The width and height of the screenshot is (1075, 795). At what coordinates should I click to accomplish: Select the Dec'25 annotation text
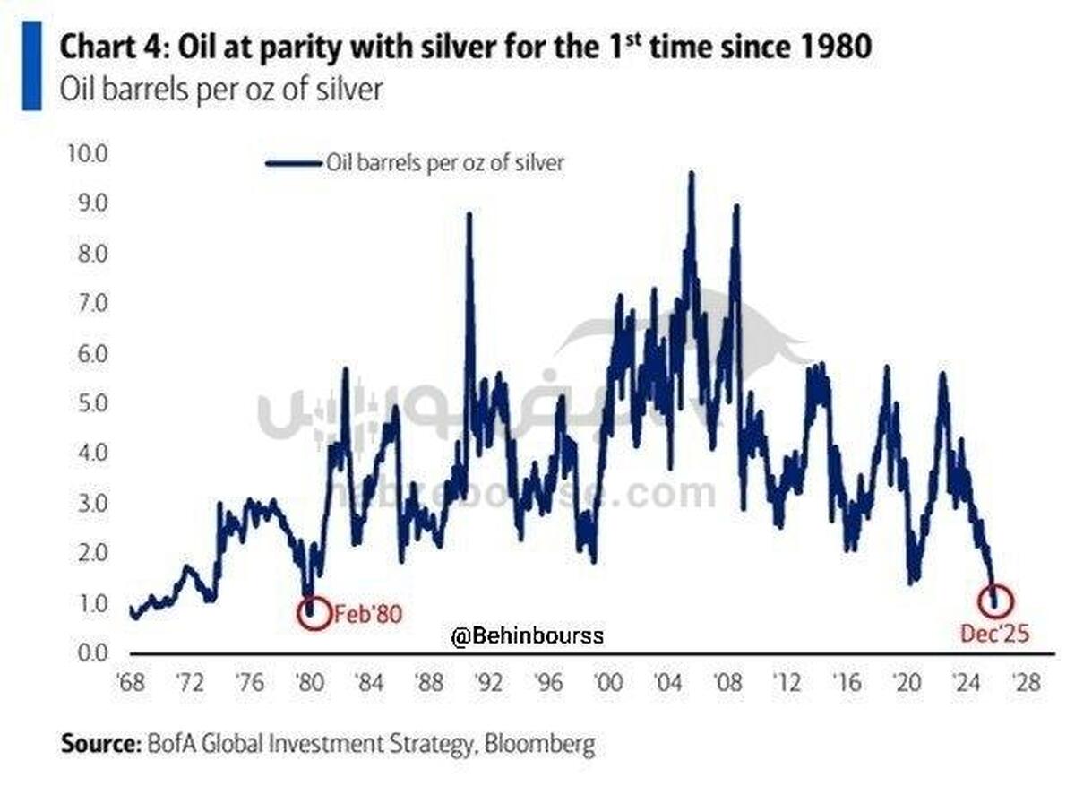[996, 635]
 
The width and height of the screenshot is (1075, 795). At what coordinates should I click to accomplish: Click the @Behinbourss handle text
[528, 636]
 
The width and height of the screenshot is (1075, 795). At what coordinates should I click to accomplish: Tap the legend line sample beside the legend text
[294, 162]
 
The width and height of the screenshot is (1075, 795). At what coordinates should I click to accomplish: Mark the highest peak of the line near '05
[690, 174]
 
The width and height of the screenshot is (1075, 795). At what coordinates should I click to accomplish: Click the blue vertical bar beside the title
[31, 66]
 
